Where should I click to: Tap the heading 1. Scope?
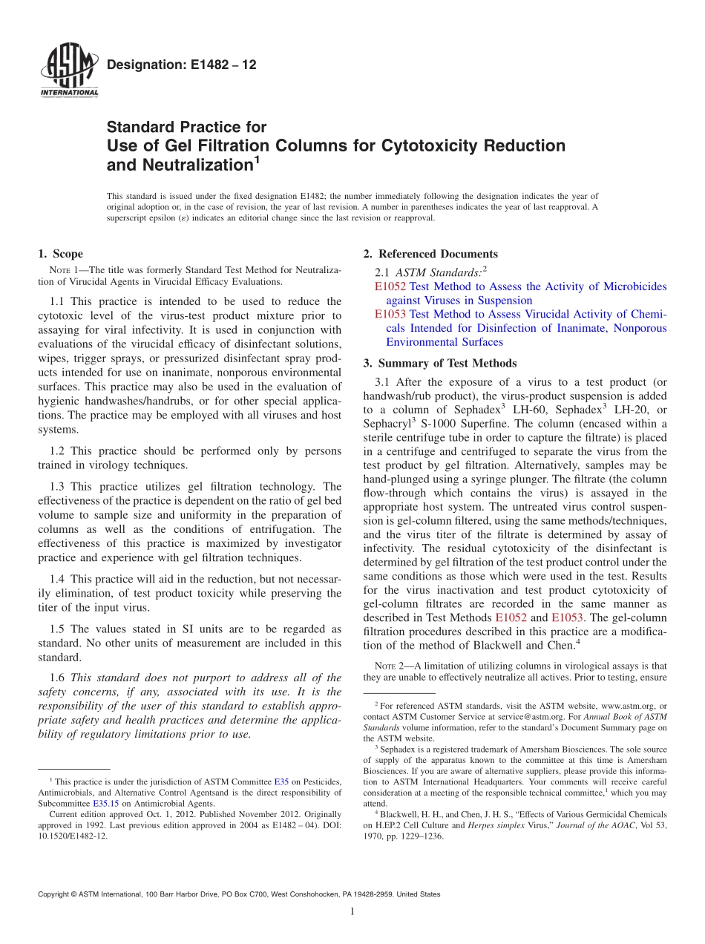pyautogui.click(x=60, y=255)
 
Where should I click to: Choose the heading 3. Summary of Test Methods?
pyautogui.click(x=439, y=364)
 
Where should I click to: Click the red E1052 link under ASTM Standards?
pyautogui.click(x=390, y=286)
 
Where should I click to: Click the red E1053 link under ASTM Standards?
pyautogui.click(x=390, y=315)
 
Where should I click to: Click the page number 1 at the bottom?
pyautogui.click(x=352, y=912)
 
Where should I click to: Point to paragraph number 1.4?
pyautogui.click(x=58, y=579)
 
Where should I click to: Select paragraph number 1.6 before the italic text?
pyautogui.click(x=58, y=678)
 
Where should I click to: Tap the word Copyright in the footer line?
pyautogui.click(x=56, y=895)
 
